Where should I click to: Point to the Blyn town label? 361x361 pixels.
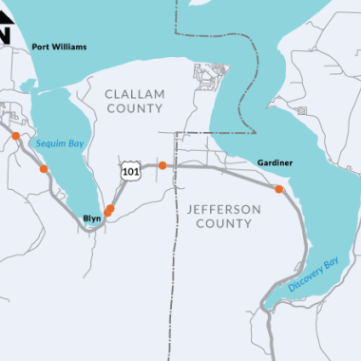[x=92, y=218]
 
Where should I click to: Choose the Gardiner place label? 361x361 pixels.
[x=275, y=163]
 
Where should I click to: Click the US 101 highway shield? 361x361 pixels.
[x=129, y=171]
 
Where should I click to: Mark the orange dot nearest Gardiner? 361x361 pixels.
[x=278, y=189]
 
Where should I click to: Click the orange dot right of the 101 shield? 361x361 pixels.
[x=162, y=165]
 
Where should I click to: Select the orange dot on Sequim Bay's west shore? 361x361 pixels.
[x=44, y=169]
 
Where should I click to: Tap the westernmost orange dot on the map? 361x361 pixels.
[x=15, y=137]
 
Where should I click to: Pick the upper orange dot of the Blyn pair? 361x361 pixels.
[x=112, y=207]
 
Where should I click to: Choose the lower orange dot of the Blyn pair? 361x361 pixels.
[x=108, y=212]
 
